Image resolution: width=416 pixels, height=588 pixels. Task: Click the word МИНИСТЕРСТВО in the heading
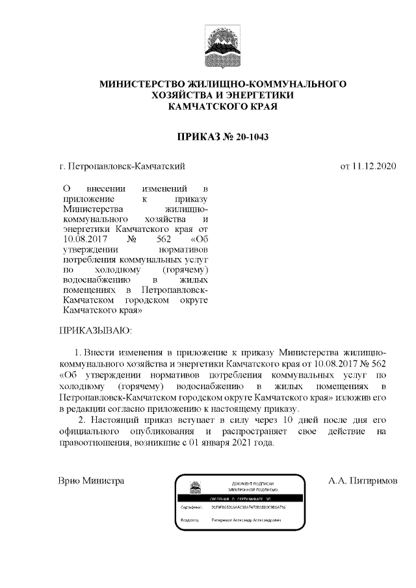(140, 84)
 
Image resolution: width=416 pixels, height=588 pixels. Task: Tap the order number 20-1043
(248, 136)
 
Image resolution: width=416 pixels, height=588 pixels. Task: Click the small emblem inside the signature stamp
(194, 487)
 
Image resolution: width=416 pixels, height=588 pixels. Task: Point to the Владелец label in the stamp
(190, 520)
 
